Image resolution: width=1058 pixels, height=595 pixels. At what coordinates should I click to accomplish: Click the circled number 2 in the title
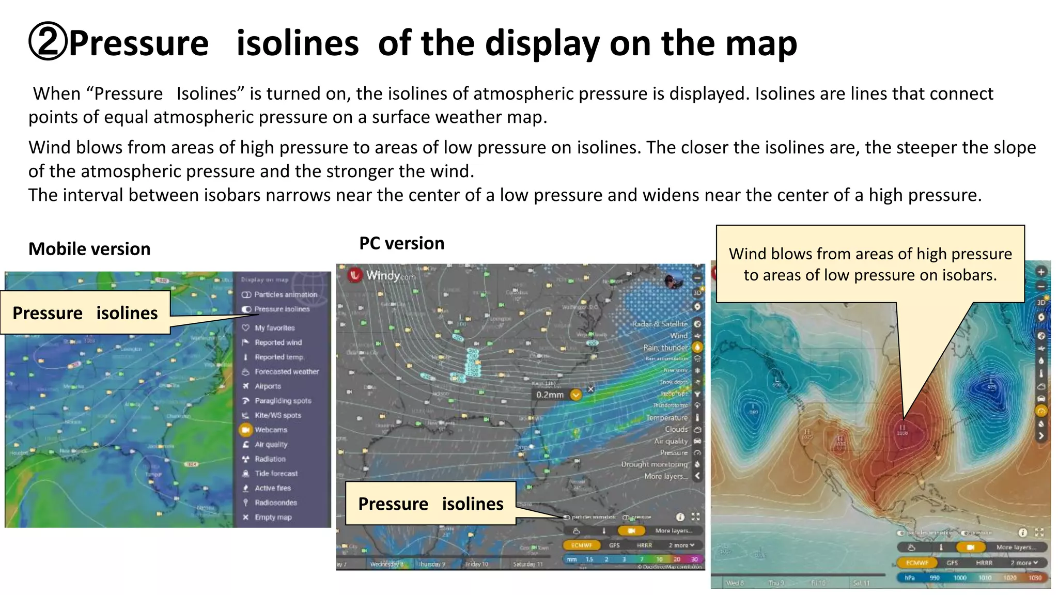click(48, 43)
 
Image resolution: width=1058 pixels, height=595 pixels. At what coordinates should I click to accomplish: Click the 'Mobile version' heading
click(89, 249)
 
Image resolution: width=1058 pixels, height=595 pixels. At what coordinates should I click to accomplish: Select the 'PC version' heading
click(401, 243)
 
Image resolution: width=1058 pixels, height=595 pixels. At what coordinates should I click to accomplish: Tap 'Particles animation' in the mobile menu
click(285, 294)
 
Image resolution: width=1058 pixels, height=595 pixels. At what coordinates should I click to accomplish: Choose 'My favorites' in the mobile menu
click(274, 328)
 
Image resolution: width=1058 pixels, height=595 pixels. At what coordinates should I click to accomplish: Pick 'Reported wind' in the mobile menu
click(278, 342)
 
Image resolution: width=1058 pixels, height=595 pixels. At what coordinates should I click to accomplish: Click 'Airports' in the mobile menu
click(268, 386)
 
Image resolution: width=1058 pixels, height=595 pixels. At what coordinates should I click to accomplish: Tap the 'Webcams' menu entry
click(270, 430)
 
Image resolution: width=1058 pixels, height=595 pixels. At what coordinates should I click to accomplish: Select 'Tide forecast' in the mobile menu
click(276, 474)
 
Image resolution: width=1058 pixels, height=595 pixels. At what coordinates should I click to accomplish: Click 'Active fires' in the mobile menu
click(272, 488)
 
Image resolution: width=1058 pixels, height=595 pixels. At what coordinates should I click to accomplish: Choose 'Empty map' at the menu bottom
click(273, 517)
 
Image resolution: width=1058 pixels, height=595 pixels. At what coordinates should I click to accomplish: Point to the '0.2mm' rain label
click(550, 395)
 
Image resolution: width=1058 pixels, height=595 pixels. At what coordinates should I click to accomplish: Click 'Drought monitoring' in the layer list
click(654, 464)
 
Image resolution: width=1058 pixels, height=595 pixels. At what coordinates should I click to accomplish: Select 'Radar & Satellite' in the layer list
click(660, 324)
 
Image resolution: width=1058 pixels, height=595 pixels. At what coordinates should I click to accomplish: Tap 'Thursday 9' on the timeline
click(431, 564)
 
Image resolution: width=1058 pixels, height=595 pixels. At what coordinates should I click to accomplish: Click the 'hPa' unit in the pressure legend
click(910, 578)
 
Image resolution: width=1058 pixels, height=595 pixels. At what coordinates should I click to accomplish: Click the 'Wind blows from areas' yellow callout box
click(870, 264)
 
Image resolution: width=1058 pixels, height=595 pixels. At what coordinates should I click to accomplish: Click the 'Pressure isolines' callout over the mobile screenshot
click(85, 313)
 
